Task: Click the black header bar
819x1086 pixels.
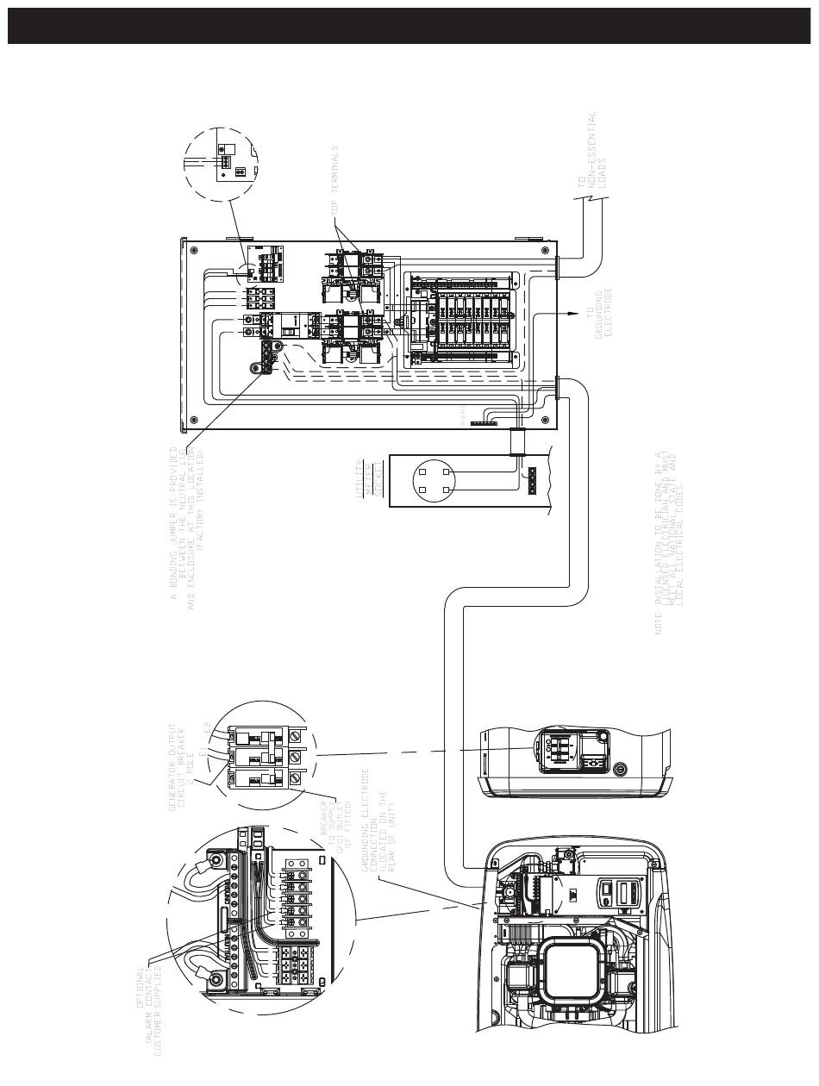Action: tap(409, 26)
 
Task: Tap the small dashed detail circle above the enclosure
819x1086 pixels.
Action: tap(222, 164)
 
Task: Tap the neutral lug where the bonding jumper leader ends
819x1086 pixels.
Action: tap(256, 366)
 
